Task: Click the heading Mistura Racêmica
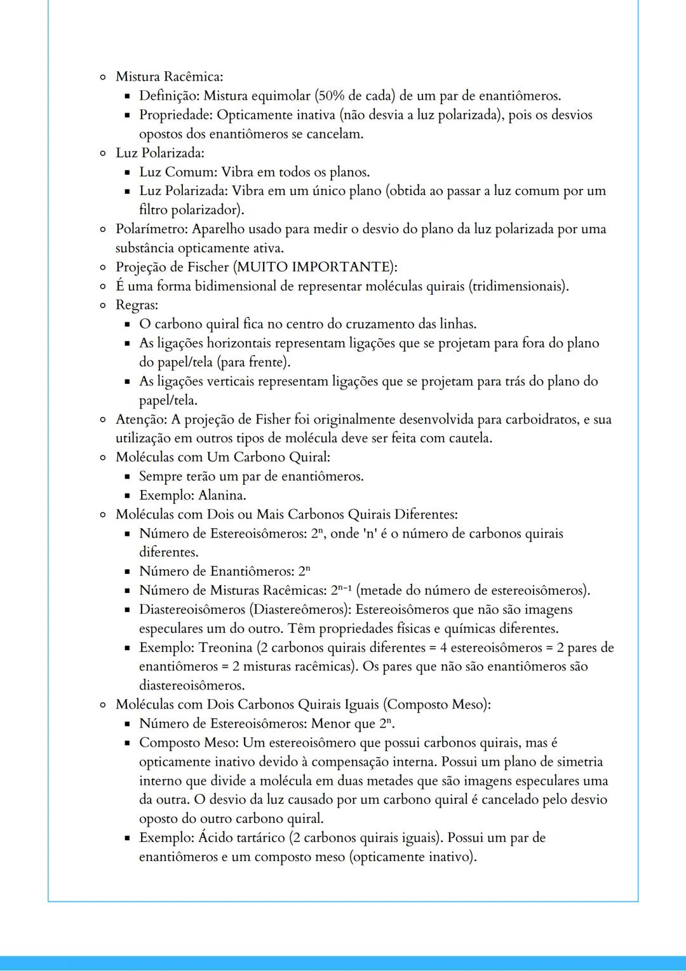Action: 168,77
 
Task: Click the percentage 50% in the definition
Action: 331,96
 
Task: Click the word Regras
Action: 136,305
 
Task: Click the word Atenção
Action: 141,419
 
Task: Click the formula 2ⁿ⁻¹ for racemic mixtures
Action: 341,590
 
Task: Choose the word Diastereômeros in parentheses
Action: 299,609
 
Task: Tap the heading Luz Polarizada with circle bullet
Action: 159,153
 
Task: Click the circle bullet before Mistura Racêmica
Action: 102,78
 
